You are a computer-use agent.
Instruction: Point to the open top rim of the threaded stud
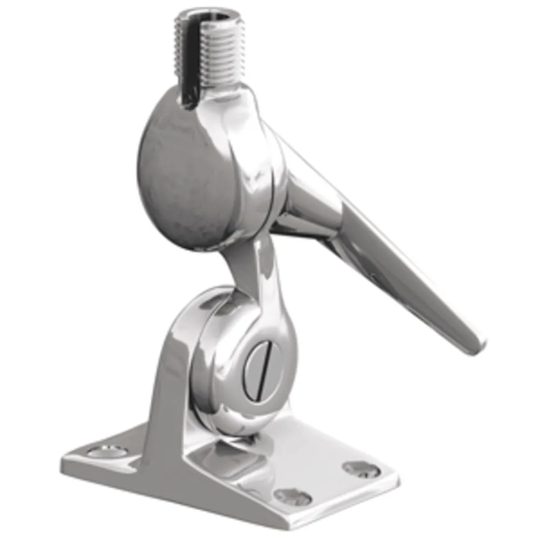208,16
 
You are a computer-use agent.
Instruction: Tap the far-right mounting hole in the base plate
361,469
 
